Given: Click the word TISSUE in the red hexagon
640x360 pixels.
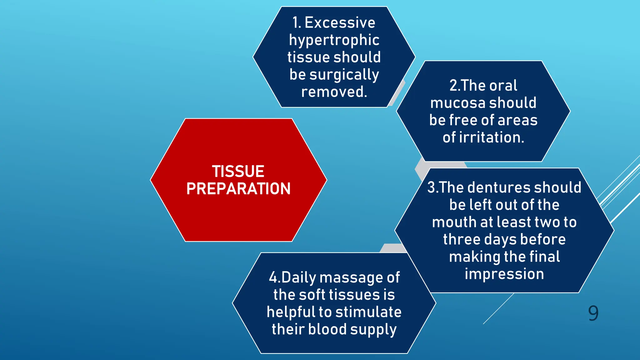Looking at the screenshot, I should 238,171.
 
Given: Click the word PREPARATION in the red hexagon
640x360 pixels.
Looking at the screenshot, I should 238,189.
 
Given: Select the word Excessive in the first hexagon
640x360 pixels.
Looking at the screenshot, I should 340,23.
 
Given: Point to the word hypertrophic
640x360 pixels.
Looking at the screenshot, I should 334,40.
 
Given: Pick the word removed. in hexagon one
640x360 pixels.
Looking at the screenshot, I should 334,92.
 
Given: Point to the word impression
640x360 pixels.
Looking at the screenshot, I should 504,274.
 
